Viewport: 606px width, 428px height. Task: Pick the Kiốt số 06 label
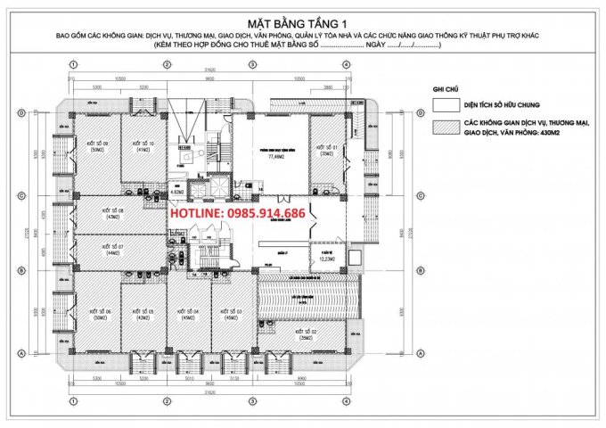click(98, 314)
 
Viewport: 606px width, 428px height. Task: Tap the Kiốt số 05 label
click(143, 314)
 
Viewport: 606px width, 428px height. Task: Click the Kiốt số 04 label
click(188, 314)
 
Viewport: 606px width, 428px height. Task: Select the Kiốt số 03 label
click(233, 314)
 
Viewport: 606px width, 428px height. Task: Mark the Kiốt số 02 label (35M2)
click(307, 335)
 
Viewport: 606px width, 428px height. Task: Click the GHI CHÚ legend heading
click(444, 90)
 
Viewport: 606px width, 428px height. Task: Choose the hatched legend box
click(441, 128)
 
